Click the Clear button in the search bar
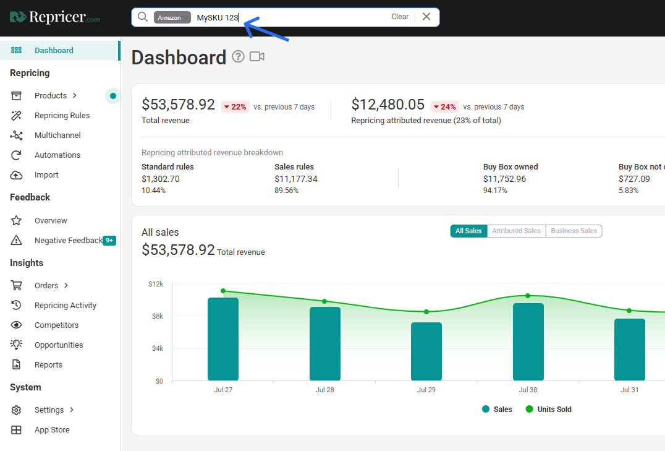click(x=399, y=17)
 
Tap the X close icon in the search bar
click(x=426, y=17)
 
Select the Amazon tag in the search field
click(x=172, y=17)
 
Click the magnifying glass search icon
click(x=143, y=17)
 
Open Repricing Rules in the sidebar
click(x=62, y=116)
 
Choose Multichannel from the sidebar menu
click(x=57, y=135)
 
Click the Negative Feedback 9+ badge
click(x=109, y=241)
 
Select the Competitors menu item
click(x=56, y=325)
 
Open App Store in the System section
click(x=52, y=430)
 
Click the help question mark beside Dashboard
click(x=238, y=56)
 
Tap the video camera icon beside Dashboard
click(x=257, y=56)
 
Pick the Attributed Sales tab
click(x=516, y=231)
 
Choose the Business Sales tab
click(x=574, y=231)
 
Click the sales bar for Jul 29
click(x=426, y=351)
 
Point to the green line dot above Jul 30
click(x=528, y=296)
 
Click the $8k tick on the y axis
click(x=158, y=316)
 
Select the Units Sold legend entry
click(x=548, y=410)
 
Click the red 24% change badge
click(x=444, y=107)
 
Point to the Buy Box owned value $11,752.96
click(x=504, y=179)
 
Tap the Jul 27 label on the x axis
click(x=223, y=390)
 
